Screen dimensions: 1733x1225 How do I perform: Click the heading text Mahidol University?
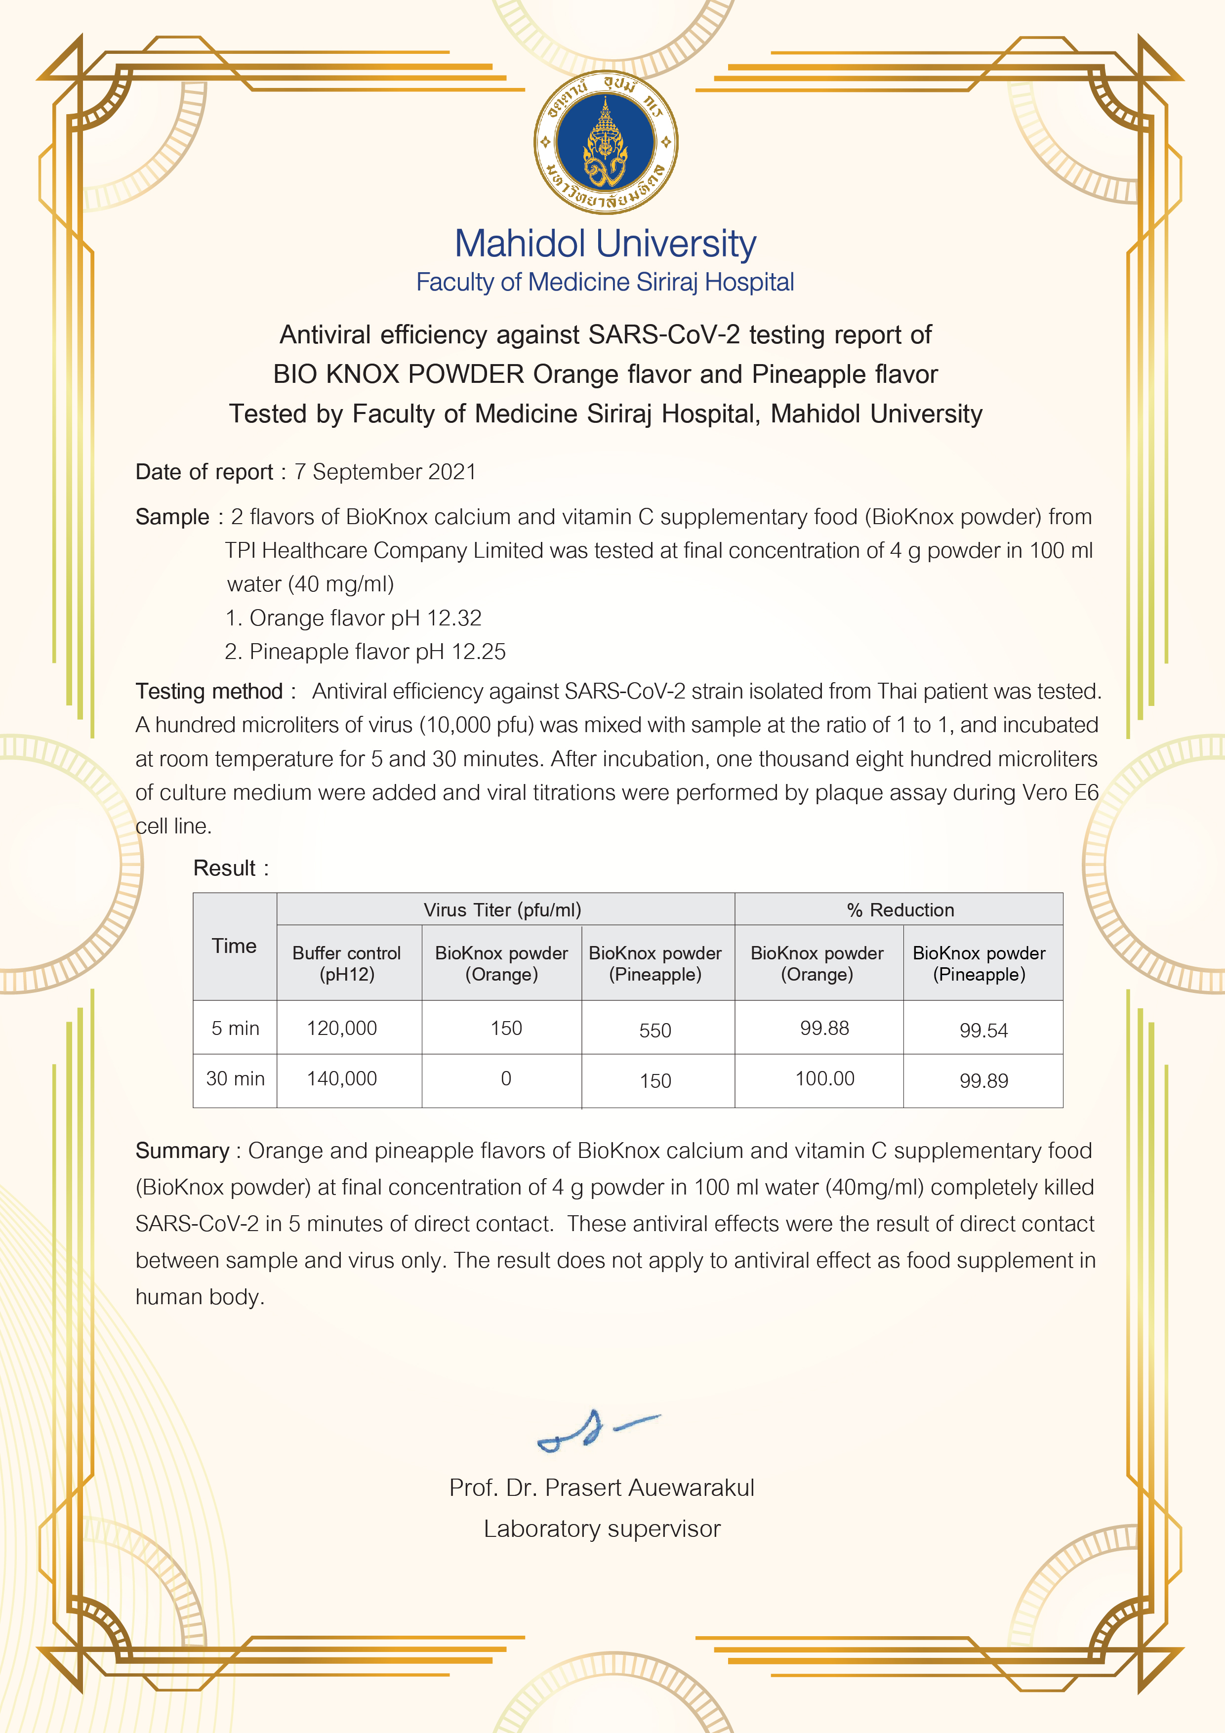(x=605, y=244)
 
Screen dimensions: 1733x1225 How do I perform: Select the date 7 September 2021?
(x=385, y=472)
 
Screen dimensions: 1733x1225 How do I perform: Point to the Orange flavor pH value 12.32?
(x=453, y=618)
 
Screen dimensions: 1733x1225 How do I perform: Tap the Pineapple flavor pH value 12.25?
(x=479, y=652)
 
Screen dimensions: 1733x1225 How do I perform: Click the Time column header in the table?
(x=234, y=946)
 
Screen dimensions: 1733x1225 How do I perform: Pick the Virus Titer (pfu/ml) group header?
(x=503, y=909)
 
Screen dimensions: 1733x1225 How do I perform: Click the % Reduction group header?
(x=899, y=909)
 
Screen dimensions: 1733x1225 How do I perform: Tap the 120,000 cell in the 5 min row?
(x=342, y=1028)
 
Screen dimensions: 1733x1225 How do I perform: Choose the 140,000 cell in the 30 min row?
(x=342, y=1078)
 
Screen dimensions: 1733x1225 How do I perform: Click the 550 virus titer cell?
(x=655, y=1031)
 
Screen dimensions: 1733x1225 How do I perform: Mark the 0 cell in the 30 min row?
(x=506, y=1078)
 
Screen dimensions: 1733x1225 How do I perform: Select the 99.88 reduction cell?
(x=824, y=1028)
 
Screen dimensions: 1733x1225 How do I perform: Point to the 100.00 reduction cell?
(x=824, y=1078)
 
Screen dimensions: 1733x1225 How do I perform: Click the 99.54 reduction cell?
(x=983, y=1031)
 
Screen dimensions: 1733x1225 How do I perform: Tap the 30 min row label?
(x=236, y=1078)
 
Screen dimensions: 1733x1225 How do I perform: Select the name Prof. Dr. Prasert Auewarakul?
(x=602, y=1487)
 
